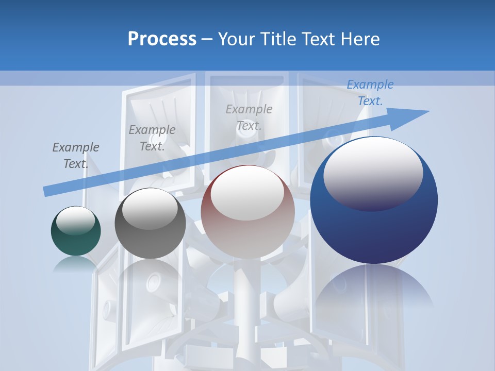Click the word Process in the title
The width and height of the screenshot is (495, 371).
click(162, 39)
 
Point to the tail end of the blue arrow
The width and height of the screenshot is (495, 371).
click(47, 191)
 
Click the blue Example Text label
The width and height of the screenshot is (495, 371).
click(370, 93)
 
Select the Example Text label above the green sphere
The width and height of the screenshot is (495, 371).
click(76, 155)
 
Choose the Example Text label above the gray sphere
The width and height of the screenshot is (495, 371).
click(152, 138)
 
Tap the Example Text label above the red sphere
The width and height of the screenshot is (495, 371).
click(249, 117)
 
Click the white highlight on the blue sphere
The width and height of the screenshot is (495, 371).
click(373, 173)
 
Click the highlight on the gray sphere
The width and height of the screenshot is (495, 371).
click(150, 209)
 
